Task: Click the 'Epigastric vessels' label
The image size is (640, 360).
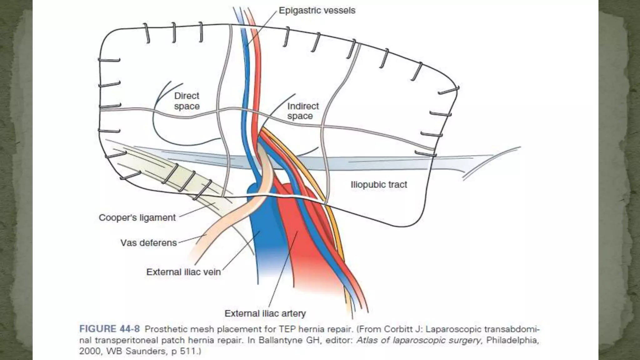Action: click(317, 11)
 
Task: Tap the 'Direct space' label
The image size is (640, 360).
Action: click(187, 101)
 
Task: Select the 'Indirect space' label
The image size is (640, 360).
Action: click(302, 111)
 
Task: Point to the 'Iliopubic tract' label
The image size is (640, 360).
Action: click(379, 185)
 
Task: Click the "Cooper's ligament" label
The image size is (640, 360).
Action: click(137, 217)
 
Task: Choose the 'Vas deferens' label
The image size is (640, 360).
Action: click(149, 243)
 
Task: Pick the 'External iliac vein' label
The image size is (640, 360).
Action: click(183, 272)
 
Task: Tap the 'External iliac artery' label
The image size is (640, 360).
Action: click(265, 313)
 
